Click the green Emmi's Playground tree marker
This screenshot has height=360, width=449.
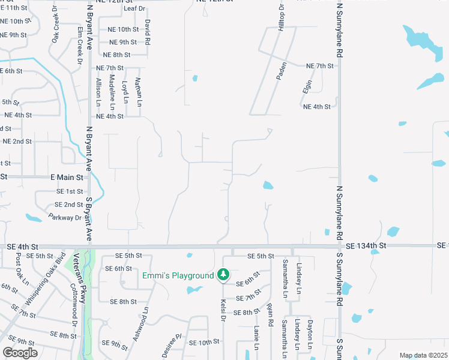(223, 275)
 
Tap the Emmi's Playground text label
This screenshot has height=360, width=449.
(178, 275)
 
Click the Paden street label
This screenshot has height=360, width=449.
(280, 70)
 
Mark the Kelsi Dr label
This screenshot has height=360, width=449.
(223, 310)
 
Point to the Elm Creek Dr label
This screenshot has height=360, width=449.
(80, 43)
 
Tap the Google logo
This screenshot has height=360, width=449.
(20, 352)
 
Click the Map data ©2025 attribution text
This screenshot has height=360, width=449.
(423, 355)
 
